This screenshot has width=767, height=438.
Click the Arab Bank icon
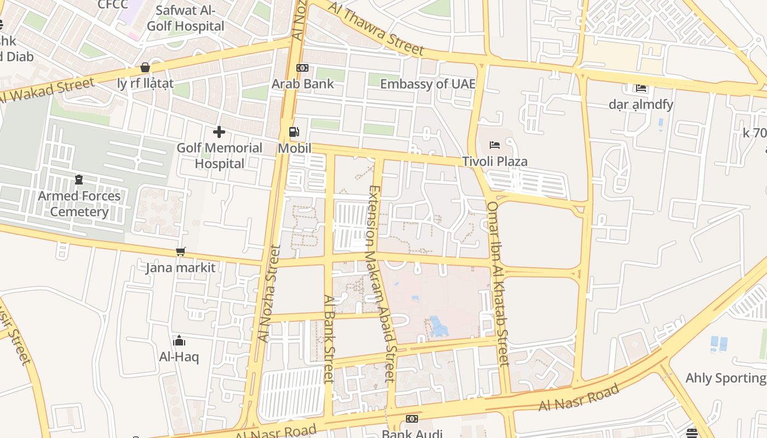(302, 68)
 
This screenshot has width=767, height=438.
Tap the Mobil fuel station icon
(294, 132)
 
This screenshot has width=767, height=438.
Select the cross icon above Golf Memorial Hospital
(219, 132)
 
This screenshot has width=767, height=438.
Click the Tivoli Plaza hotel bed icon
(495, 145)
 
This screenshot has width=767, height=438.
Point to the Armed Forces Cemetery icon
(79, 180)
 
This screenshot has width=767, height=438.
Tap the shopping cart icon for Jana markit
(180, 252)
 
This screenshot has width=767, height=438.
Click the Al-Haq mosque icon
(179, 341)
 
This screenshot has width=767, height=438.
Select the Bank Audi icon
(411, 419)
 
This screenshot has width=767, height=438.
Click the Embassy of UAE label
(427, 84)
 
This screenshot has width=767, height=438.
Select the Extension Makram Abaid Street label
(381, 283)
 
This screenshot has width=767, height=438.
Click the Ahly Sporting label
(725, 378)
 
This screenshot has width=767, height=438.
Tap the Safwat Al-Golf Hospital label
(185, 18)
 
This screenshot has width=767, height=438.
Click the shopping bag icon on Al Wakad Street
(145, 67)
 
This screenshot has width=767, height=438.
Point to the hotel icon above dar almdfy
(641, 88)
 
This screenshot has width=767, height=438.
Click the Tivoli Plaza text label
(495, 162)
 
